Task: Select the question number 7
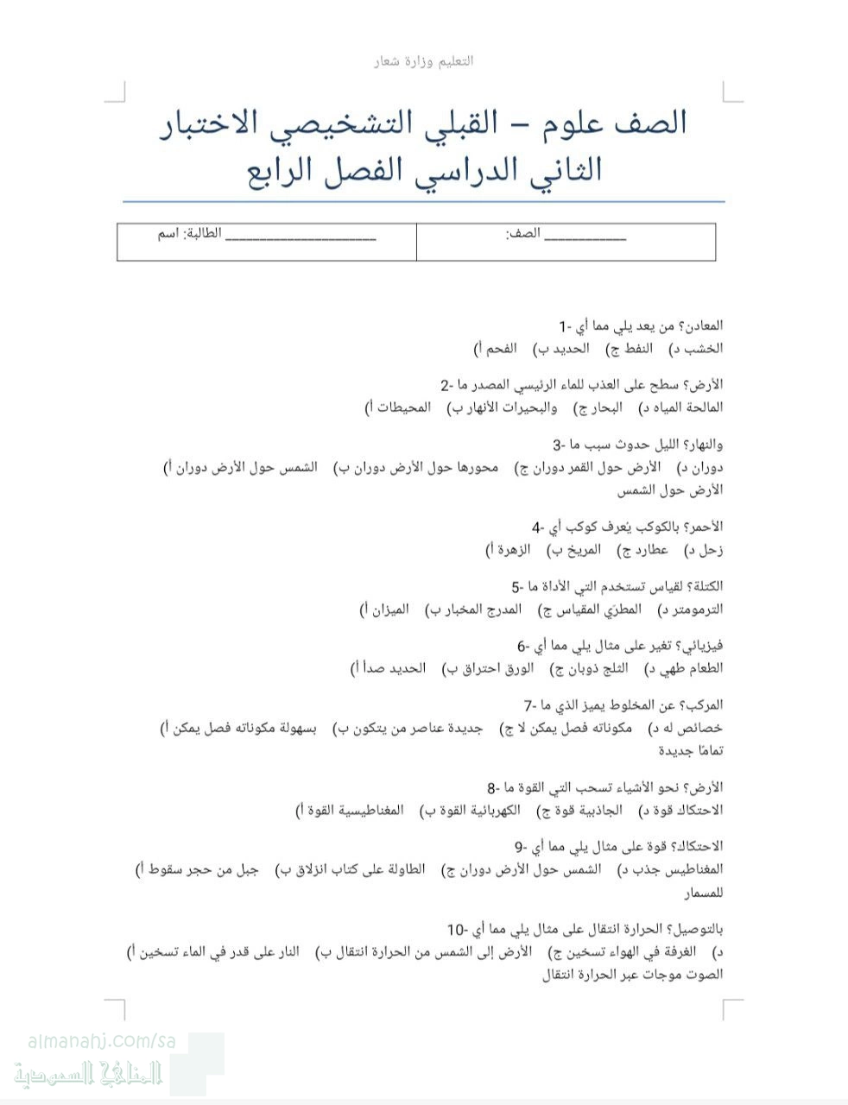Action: tap(530, 705)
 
